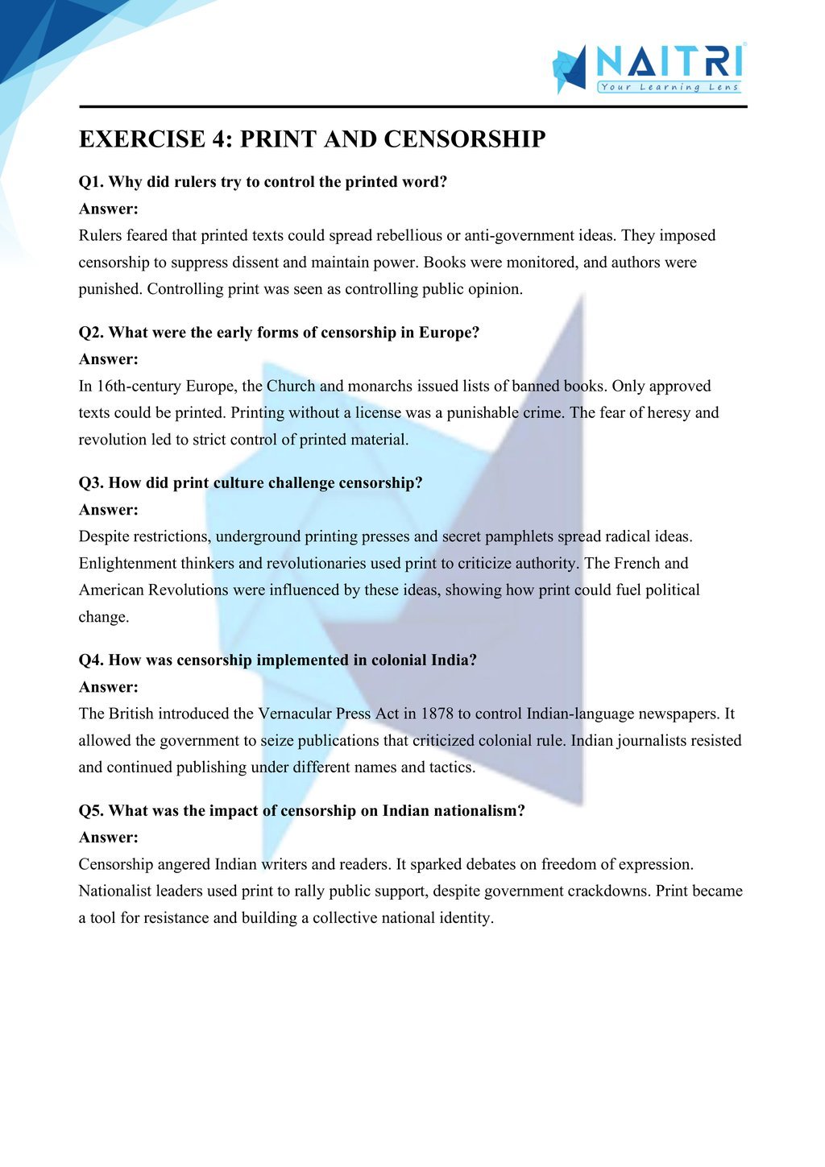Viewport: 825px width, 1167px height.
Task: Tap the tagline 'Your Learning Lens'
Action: point(670,87)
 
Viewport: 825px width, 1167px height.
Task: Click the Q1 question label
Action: point(91,182)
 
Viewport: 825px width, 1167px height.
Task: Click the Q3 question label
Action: point(91,483)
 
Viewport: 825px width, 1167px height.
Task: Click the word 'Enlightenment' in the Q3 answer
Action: point(127,564)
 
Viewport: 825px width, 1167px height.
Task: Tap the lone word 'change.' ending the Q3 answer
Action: point(104,618)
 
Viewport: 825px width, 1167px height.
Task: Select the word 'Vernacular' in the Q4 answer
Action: point(294,714)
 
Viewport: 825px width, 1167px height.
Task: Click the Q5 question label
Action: point(91,811)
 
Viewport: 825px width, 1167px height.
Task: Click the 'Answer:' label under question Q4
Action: point(109,687)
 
